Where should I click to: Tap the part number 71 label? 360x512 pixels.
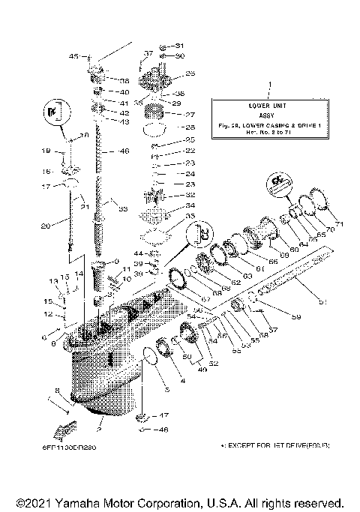pos(338,224)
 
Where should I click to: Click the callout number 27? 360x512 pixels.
pos(190,115)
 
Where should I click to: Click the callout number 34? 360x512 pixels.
pos(190,205)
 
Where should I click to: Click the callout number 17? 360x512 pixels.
pos(46,187)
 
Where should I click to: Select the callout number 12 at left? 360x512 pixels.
pos(46,314)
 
